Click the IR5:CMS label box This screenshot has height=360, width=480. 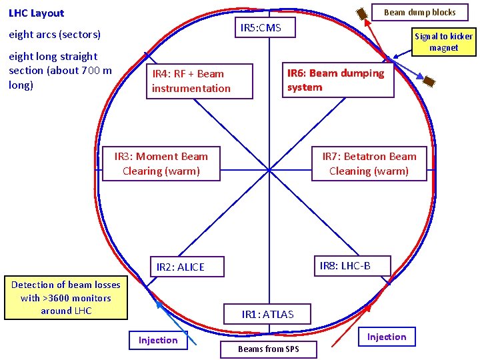coord(261,27)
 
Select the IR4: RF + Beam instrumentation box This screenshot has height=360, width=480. coord(199,81)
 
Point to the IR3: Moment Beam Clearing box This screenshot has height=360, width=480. coord(161,164)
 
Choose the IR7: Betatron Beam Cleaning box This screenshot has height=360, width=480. coord(369,164)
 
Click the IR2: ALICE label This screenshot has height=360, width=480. coord(180,267)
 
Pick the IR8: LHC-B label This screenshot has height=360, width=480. coord(345,266)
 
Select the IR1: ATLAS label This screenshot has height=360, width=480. coord(267,314)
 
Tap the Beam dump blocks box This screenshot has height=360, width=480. coord(420,12)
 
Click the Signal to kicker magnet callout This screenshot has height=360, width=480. coord(443,42)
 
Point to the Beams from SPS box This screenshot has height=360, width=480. coord(269,349)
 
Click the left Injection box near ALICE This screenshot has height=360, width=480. coord(158,340)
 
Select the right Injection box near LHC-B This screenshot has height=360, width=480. coord(386,337)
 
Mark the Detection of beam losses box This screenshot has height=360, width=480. coord(65,297)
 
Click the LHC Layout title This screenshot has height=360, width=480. coord(37,13)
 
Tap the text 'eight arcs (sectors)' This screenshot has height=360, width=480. coord(55,35)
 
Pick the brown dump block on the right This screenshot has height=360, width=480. coord(430,81)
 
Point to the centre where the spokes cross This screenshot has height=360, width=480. coord(269,169)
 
